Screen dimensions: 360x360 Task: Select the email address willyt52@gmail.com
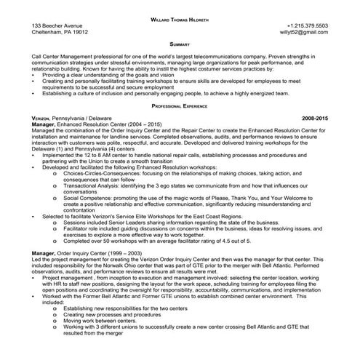(304, 33)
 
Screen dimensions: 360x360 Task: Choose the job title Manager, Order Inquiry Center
(65, 252)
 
